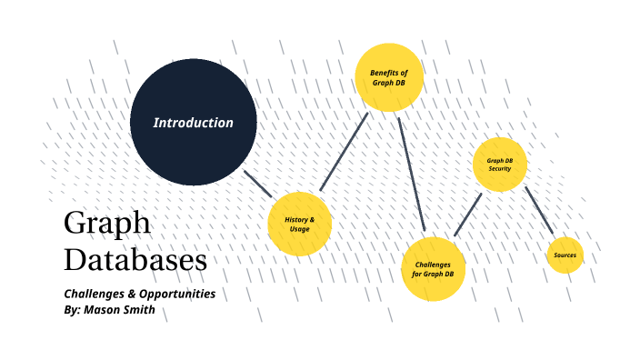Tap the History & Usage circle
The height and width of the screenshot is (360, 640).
click(x=299, y=224)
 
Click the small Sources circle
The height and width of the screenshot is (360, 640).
click(x=565, y=255)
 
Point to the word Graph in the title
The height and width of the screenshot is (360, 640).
click(x=107, y=225)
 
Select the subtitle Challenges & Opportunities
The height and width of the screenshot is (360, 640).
click(x=139, y=295)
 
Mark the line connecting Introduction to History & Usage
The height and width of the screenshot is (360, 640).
click(x=257, y=184)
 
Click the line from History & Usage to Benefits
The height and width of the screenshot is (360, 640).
click(x=344, y=152)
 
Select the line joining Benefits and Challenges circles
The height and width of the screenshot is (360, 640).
click(x=411, y=173)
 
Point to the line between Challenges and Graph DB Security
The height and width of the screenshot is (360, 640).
click(x=467, y=215)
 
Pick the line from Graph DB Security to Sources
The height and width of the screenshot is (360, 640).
click(x=539, y=211)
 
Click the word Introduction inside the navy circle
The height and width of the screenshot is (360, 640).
click(x=193, y=123)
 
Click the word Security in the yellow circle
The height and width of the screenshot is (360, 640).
click(x=499, y=169)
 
